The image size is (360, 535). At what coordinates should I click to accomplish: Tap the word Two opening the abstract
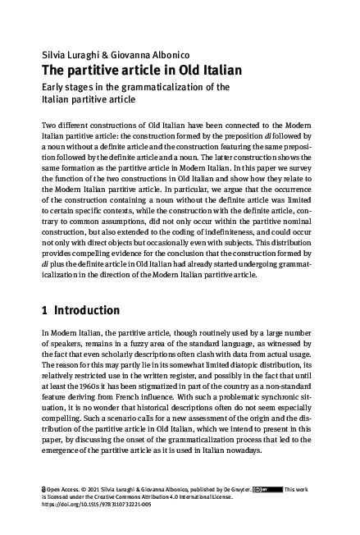pyautogui.click(x=48, y=123)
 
